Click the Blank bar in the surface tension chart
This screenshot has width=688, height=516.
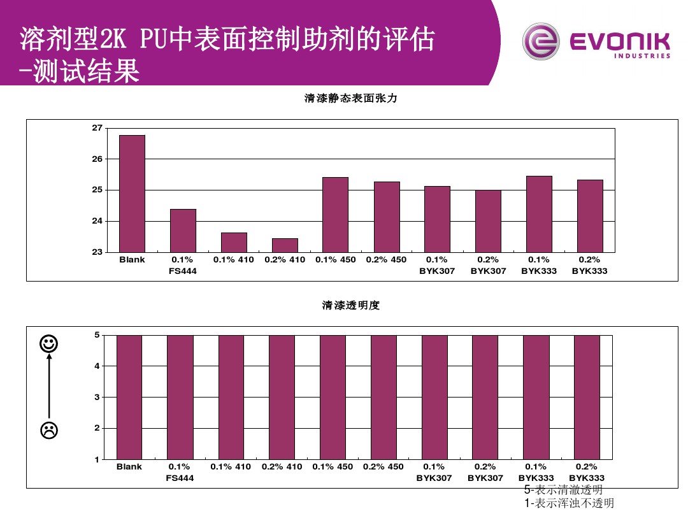tap(132, 194)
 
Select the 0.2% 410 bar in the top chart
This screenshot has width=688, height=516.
tap(285, 245)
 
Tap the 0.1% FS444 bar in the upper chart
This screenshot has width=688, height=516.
tap(183, 231)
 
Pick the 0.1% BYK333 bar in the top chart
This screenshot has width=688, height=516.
tap(539, 214)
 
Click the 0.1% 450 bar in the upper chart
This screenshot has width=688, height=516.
tap(335, 215)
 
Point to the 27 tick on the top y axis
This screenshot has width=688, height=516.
tap(97, 128)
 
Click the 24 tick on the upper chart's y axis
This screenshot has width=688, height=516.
tap(97, 221)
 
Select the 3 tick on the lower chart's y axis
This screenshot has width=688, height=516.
tap(97, 397)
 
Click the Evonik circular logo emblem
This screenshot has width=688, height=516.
tap(540, 42)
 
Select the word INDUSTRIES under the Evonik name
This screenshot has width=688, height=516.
tap(642, 56)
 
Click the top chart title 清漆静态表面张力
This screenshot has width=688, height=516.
tap(351, 99)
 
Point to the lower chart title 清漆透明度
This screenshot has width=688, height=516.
tap(351, 306)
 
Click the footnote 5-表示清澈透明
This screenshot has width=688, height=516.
tap(563, 490)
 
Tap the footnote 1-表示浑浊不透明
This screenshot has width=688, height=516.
tap(569, 503)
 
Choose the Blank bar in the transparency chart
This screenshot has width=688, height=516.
tap(129, 397)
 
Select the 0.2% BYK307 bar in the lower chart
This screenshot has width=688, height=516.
tap(485, 397)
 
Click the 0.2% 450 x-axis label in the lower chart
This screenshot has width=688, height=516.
tap(383, 467)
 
